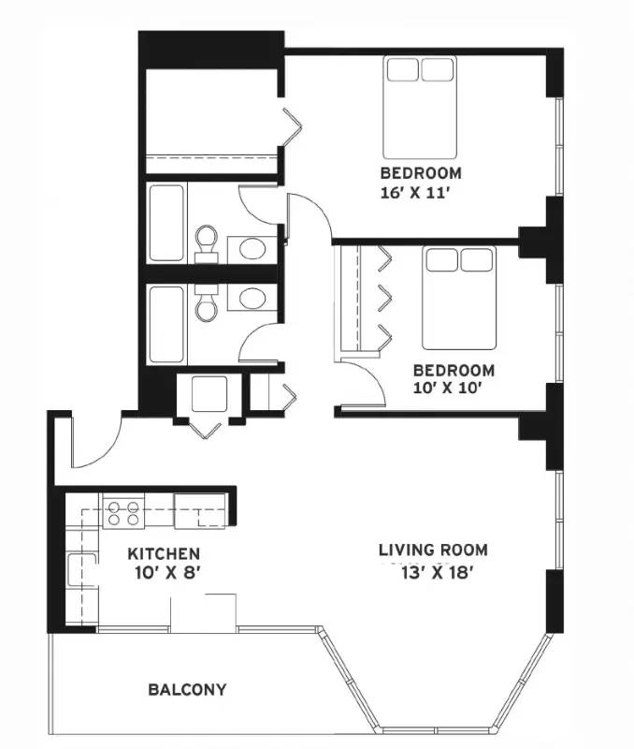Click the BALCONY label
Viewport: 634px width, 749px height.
187,690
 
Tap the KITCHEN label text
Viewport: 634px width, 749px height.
164,554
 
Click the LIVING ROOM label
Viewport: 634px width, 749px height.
433,550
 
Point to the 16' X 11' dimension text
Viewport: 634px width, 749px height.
415,193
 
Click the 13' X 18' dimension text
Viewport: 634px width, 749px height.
437,572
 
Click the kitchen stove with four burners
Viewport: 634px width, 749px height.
123,512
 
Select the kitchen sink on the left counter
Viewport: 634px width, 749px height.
81,569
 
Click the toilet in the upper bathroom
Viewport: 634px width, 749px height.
206,243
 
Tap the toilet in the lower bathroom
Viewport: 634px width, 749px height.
206,302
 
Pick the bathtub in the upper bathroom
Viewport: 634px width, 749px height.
166,223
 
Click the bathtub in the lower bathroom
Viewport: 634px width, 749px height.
166,324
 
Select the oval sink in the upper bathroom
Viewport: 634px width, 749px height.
252,248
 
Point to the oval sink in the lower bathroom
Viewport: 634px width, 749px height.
252,299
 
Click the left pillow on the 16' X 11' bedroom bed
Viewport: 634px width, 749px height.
403,69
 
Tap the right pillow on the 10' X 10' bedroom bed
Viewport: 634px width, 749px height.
476,260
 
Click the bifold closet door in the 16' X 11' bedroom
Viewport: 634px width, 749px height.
294,126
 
